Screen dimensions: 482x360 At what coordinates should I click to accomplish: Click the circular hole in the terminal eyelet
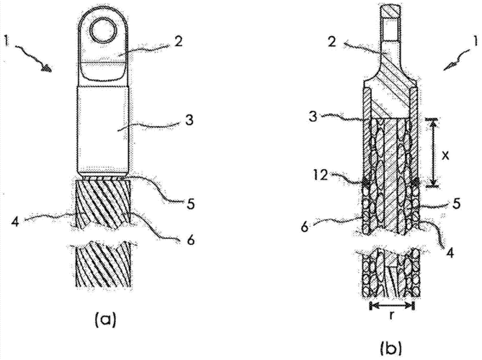(104, 31)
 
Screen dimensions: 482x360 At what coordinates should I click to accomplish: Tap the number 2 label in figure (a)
(178, 41)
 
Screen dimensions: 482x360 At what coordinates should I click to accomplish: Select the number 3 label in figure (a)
(189, 120)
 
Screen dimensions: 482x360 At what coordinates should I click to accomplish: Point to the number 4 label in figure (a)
(15, 220)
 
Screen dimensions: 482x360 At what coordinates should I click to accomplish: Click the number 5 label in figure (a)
(191, 203)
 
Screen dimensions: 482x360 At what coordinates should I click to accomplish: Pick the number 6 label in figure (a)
(191, 239)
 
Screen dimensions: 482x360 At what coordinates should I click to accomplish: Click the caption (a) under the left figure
(106, 320)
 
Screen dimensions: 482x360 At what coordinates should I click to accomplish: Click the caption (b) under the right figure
(391, 348)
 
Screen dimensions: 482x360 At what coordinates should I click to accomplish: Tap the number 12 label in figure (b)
(321, 176)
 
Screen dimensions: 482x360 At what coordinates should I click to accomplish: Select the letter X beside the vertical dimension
(445, 156)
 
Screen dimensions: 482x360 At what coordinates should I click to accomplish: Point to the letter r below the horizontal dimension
(391, 315)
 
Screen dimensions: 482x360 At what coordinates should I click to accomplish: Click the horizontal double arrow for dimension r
(392, 305)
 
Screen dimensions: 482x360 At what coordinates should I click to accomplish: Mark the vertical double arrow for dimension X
(433, 153)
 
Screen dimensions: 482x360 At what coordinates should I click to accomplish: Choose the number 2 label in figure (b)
(332, 41)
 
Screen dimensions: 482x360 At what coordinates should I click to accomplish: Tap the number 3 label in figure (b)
(313, 117)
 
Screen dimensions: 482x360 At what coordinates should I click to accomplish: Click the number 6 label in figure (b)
(305, 228)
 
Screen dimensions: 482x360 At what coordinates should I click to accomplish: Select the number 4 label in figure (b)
(450, 253)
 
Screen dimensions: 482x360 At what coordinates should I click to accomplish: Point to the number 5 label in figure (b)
(456, 203)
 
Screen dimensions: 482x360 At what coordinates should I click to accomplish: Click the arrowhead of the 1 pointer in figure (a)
(46, 68)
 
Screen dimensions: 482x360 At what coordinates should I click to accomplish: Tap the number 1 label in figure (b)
(475, 42)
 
